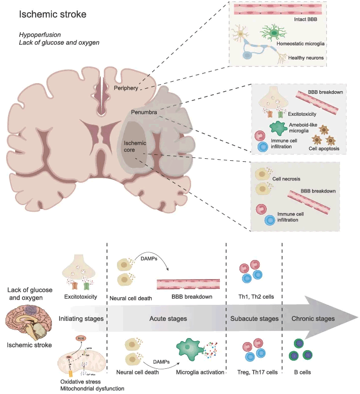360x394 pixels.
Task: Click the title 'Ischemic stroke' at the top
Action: [52, 14]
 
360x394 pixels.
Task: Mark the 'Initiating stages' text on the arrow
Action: [81, 319]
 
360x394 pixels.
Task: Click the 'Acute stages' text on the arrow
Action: [168, 319]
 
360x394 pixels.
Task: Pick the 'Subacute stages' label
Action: [254, 319]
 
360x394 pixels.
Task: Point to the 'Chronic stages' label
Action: [313, 319]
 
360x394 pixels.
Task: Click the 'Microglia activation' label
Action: [200, 372]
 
